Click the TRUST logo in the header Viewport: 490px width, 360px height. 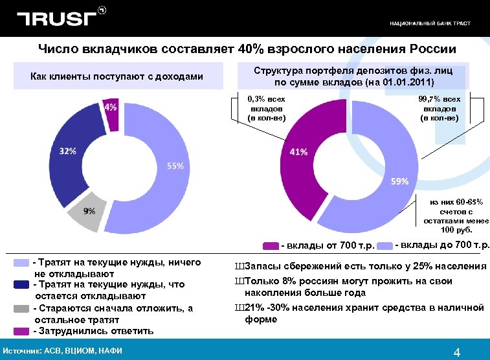(x=58, y=19)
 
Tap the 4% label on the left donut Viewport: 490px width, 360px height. (x=111, y=107)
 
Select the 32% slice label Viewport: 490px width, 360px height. (x=68, y=151)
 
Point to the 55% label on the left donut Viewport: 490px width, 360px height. (x=175, y=166)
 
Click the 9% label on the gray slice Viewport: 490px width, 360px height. (x=89, y=211)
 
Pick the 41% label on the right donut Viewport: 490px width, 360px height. (x=298, y=152)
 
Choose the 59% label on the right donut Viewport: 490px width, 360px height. (x=399, y=181)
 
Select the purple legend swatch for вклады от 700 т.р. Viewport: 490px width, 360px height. (x=271, y=245)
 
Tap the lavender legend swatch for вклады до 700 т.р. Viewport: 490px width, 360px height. (x=386, y=245)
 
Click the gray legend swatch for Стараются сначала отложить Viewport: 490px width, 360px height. (x=22, y=308)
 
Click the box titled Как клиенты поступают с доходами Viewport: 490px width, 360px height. (x=117, y=77)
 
